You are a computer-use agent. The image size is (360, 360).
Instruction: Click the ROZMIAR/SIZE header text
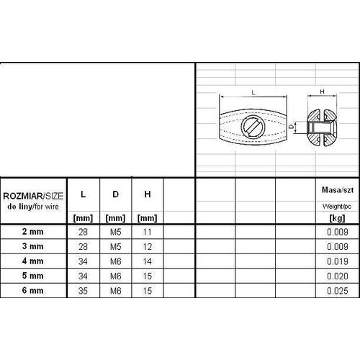[x=33, y=196]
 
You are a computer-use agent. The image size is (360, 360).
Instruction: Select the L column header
[x=83, y=194]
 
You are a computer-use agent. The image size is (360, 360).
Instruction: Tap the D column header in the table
[x=115, y=194]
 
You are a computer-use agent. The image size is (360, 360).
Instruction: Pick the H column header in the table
[x=148, y=194]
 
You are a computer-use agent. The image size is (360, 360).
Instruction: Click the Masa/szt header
[x=338, y=190]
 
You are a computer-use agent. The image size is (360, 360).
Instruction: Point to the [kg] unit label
[x=338, y=218]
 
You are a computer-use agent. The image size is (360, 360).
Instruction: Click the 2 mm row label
[x=33, y=232]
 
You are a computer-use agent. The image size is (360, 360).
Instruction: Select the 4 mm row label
[x=33, y=261]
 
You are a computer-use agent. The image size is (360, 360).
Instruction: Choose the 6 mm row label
[x=33, y=290]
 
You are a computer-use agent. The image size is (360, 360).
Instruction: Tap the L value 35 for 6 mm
[x=83, y=291]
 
